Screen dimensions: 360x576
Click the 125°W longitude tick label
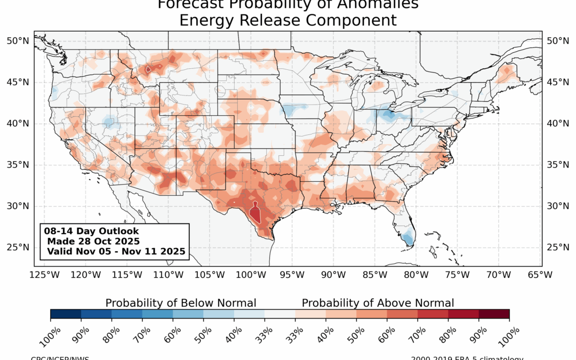coord(44,275)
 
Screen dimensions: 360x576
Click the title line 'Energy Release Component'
coord(288,20)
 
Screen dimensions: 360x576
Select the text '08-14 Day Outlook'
coord(92,231)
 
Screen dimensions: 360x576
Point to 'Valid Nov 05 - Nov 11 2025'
coord(116,251)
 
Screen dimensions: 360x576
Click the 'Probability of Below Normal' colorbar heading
coord(181,303)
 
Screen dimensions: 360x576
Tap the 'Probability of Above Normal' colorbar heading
coord(378,303)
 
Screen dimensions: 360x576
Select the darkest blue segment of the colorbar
coord(66,314)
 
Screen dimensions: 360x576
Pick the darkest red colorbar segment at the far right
coord(494,314)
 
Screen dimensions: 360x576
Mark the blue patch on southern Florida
coord(407,237)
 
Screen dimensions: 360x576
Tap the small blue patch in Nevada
coord(108,123)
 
